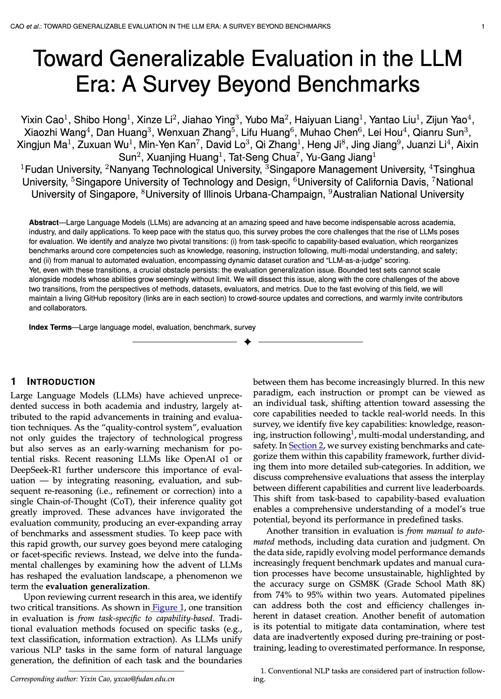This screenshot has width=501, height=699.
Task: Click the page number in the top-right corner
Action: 482,26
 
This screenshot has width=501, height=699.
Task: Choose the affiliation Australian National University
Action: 398,194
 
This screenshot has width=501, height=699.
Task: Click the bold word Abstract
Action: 43,222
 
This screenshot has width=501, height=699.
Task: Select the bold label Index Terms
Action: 50,327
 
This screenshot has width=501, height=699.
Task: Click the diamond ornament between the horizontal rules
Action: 248,342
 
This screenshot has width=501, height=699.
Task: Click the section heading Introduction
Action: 61,382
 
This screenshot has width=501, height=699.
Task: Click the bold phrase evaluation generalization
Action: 97,586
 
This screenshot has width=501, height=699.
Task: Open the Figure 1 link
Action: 168,607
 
